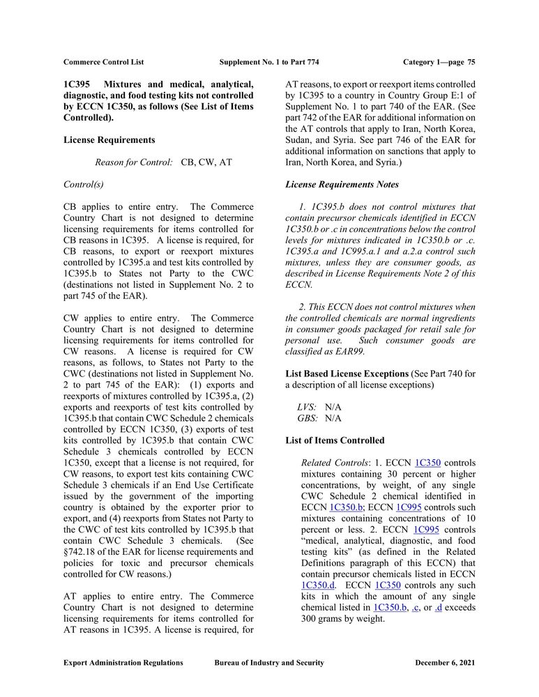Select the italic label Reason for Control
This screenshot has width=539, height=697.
pyautogui.click(x=133, y=162)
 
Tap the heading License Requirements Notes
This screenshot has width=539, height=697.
pyautogui.click(x=342, y=185)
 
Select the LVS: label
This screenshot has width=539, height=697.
pyautogui.click(x=307, y=407)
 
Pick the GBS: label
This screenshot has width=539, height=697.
pyautogui.click(x=308, y=418)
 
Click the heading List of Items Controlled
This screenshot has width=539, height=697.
pyautogui.click(x=335, y=441)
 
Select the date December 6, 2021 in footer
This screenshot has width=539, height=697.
pyautogui.click(x=445, y=663)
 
